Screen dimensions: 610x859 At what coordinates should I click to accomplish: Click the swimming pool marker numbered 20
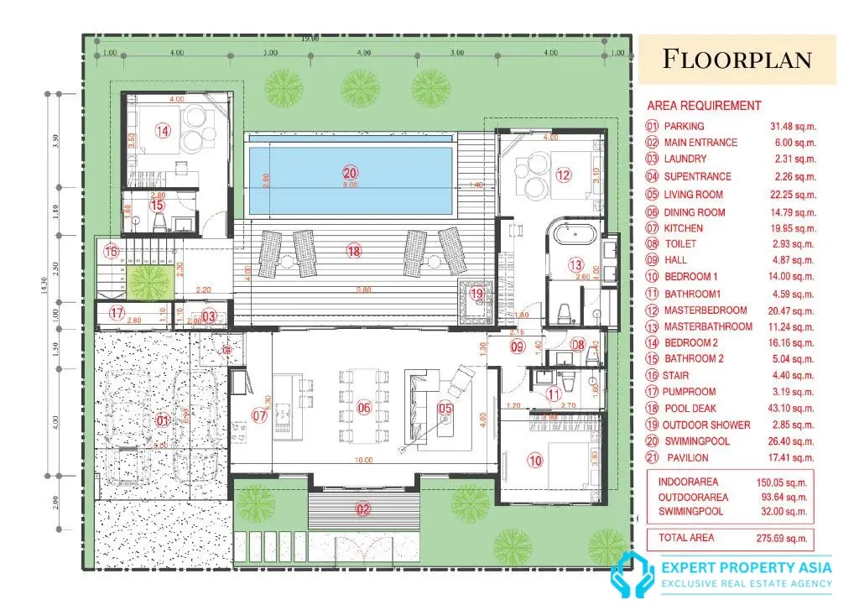coord(350,173)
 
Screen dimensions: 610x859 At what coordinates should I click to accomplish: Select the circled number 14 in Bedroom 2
coord(163,130)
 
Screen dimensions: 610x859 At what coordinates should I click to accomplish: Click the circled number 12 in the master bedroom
coord(563,175)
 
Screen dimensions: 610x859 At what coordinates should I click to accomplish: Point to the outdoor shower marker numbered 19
coord(476,294)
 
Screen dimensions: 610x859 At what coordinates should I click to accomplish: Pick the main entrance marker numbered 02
coord(363,508)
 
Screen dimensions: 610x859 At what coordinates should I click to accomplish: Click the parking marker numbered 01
coord(164,420)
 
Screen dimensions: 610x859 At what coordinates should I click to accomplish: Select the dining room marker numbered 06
coord(364,408)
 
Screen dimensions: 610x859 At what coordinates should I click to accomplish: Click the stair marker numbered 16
coord(112,251)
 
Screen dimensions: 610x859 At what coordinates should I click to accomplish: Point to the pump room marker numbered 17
coord(116,313)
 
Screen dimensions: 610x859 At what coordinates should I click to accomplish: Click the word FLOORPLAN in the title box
coord(737,60)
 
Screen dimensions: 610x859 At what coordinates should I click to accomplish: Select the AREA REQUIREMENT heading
coord(704,106)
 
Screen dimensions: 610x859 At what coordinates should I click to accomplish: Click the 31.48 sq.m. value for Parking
coord(793,127)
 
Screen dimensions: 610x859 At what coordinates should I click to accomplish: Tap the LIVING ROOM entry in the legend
coord(693,195)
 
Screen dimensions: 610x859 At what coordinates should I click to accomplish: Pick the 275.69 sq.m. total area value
coord(784,538)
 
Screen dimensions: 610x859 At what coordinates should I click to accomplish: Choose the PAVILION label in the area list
coord(687,458)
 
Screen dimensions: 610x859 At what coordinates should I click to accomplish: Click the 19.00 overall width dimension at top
coord(310,39)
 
